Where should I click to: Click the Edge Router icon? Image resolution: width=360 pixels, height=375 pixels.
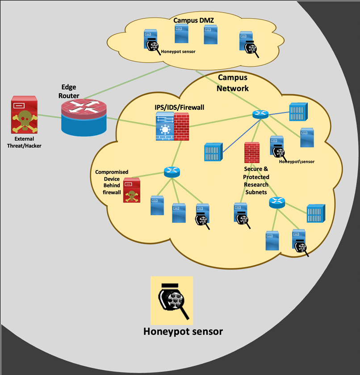coord(84,115)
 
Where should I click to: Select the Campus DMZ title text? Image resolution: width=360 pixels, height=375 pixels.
coord(193,21)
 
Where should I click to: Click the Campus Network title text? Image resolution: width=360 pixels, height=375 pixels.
coord(233,83)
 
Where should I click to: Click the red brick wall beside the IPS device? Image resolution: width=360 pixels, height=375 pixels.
coord(182,127)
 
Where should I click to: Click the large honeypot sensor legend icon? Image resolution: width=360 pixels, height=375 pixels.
coord(172,300)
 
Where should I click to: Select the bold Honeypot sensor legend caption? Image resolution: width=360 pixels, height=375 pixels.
coord(183,331)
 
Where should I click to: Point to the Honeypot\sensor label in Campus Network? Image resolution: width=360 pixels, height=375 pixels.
coord(296,161)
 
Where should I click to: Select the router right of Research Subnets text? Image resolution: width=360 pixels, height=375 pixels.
coord(277,202)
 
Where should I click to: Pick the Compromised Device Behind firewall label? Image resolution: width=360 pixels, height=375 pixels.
coord(112,182)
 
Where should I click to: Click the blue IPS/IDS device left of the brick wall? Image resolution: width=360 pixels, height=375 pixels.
coord(164,127)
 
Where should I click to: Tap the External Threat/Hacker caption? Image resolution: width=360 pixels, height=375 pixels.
coord(24,142)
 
